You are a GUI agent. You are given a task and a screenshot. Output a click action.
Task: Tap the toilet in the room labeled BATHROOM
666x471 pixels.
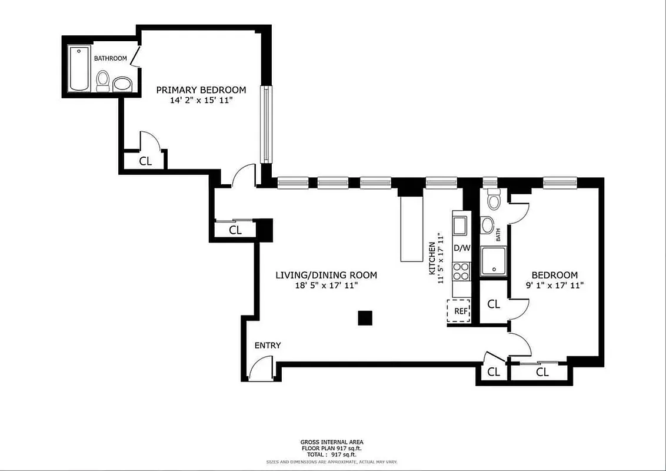(102, 81)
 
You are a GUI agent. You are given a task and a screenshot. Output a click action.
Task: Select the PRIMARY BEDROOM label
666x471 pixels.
(201, 89)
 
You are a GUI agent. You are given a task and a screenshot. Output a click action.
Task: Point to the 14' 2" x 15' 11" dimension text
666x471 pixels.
(201, 101)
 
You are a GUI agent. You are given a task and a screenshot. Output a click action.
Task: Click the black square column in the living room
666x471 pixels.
(365, 318)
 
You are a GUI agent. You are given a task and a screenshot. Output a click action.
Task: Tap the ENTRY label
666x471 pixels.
(267, 346)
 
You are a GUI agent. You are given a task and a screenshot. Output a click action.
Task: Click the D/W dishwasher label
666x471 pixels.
(462, 248)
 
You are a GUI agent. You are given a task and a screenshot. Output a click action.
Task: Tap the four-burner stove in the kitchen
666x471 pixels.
(461, 271)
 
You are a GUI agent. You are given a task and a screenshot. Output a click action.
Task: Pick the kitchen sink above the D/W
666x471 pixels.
(459, 225)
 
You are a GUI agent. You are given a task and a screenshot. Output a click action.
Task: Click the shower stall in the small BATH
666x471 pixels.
(494, 262)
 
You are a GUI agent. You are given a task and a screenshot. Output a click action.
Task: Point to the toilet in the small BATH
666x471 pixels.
(493, 201)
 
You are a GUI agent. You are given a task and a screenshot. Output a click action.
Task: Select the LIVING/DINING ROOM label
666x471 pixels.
(327, 275)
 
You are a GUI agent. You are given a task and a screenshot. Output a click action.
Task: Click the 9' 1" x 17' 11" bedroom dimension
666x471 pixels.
(554, 286)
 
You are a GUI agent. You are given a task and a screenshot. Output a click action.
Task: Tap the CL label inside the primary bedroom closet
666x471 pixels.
(145, 161)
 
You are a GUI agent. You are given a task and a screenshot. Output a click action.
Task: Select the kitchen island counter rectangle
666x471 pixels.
(412, 228)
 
